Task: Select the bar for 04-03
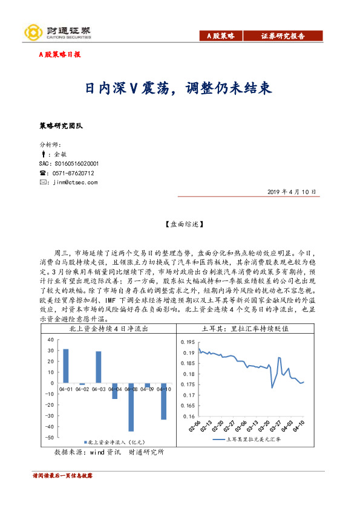click(99, 368)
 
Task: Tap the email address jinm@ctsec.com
click(74, 182)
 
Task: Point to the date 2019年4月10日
click(292, 192)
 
